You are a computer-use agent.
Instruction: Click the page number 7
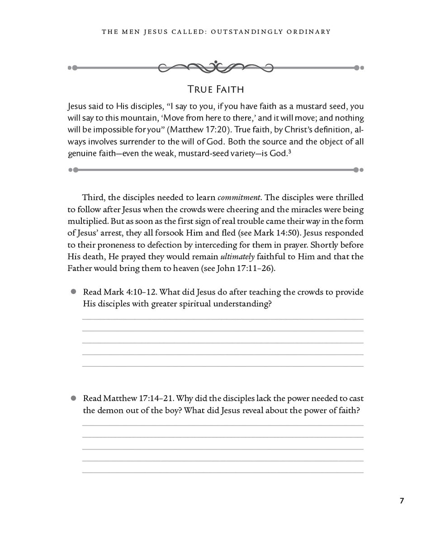coord(402,500)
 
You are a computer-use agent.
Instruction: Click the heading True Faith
coord(216,89)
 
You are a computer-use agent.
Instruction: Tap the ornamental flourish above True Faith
coord(216,67)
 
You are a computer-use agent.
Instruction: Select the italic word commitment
coord(239,197)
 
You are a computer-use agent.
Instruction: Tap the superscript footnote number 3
coord(289,151)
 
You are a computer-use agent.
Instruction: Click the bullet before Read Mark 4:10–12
coord(73,292)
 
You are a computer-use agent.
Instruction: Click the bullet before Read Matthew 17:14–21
coord(73,398)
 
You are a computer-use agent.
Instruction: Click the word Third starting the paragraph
coord(92,197)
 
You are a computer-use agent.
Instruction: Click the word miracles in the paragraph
coord(309,210)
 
